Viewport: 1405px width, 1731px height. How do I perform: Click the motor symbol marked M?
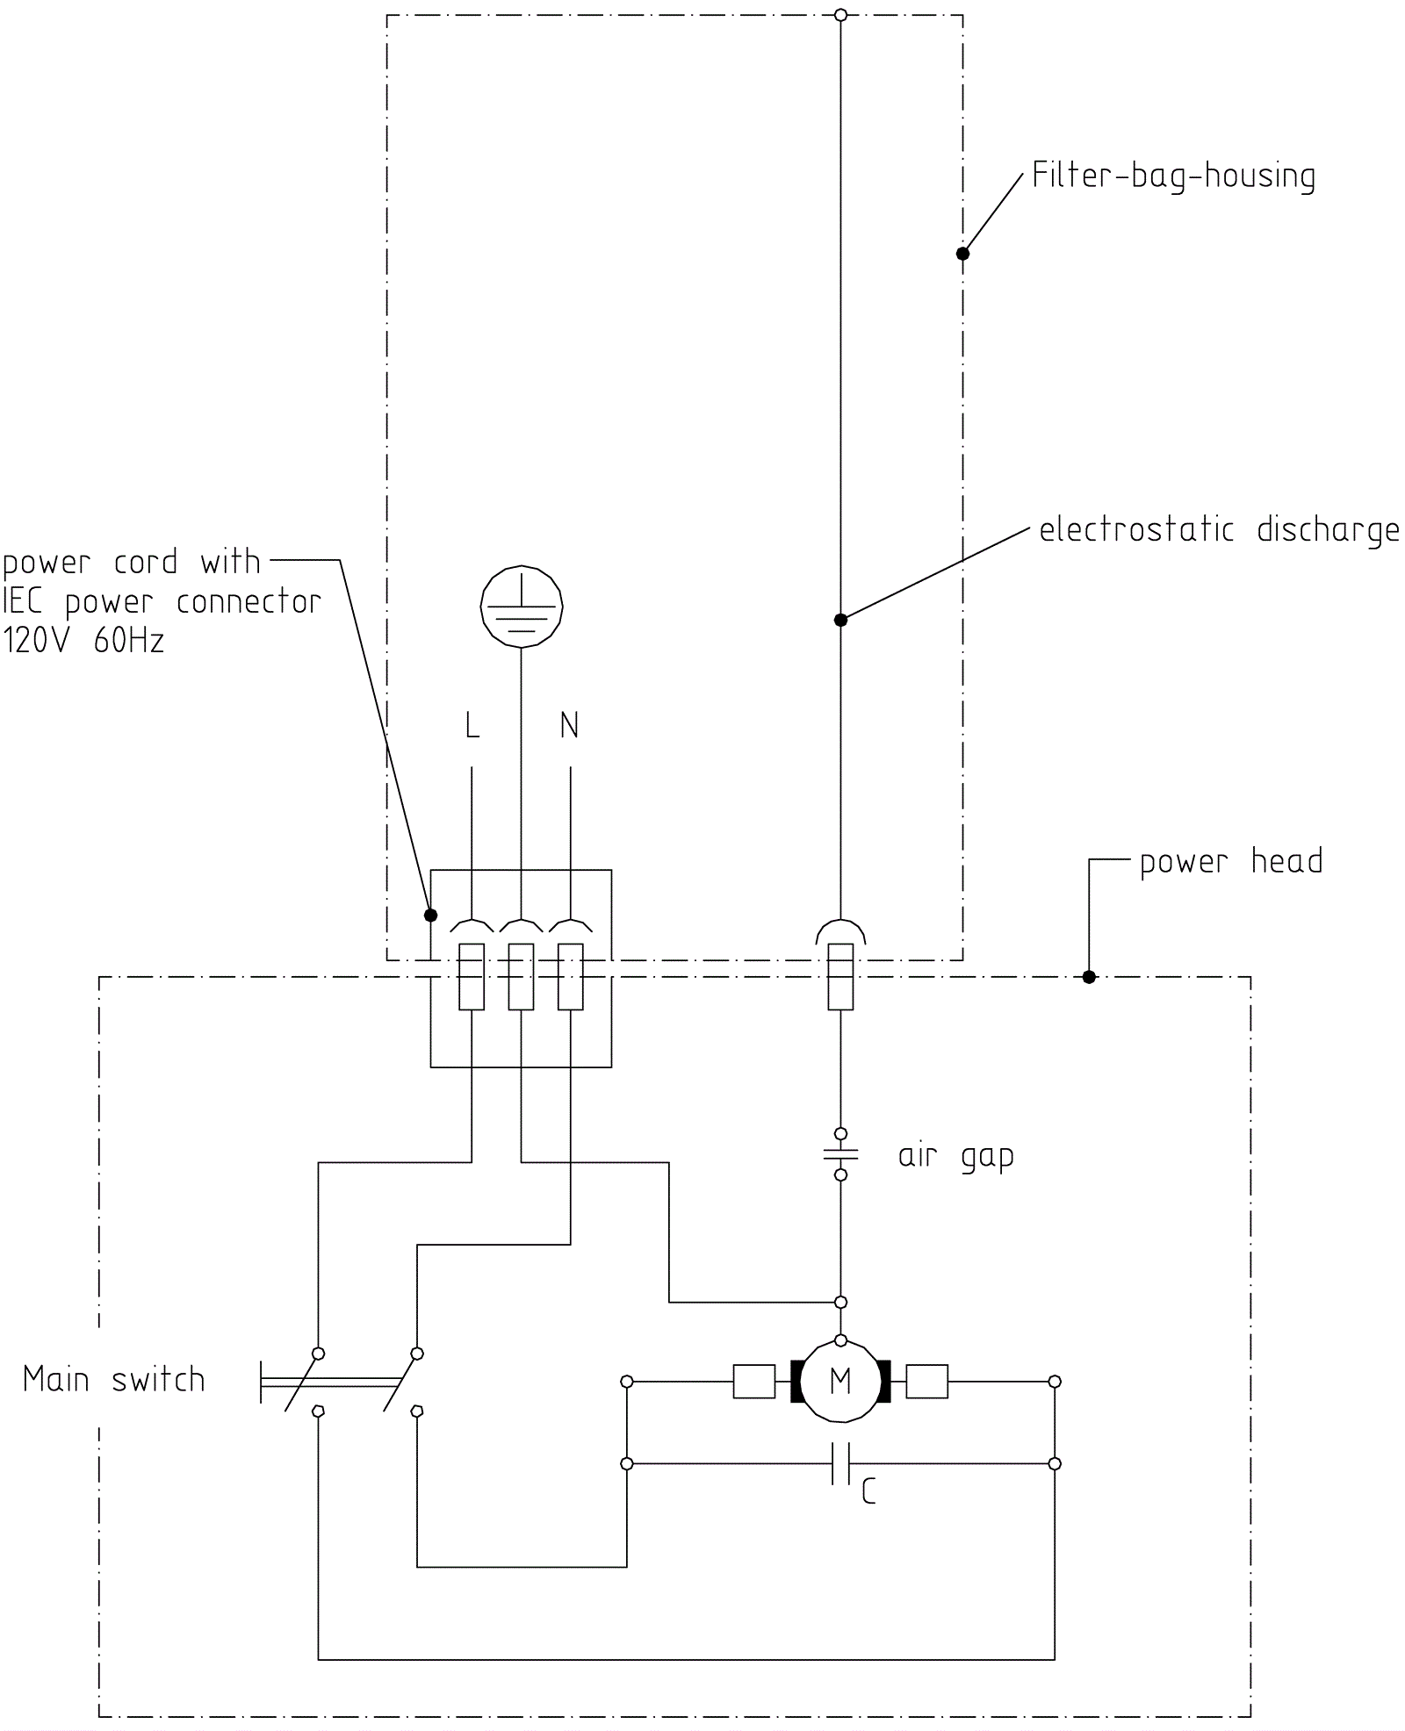tap(840, 1382)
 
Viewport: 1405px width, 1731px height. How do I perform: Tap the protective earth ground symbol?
tap(522, 607)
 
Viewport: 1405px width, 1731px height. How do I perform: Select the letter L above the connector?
tap(472, 726)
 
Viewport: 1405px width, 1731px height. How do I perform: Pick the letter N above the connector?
tap(570, 726)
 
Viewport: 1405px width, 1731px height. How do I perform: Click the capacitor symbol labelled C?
tap(840, 1463)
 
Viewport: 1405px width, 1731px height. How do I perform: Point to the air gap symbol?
tap(840, 1154)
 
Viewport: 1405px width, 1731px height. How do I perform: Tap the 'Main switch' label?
tap(114, 1380)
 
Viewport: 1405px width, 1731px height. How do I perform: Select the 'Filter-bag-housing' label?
tap(1173, 176)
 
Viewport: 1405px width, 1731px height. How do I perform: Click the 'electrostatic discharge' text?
tap(1219, 530)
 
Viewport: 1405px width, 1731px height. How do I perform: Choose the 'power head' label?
tap(1231, 862)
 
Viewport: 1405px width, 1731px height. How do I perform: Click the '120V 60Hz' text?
tap(84, 642)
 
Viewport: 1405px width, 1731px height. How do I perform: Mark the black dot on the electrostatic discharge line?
tap(840, 620)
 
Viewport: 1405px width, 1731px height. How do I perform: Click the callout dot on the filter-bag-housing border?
tap(962, 254)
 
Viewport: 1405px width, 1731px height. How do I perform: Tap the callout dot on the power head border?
tap(1089, 977)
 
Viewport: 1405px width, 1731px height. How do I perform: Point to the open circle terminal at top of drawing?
tap(840, 15)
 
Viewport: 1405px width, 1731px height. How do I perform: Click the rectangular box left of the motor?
tap(753, 1382)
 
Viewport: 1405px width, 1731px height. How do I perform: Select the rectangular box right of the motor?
tap(926, 1382)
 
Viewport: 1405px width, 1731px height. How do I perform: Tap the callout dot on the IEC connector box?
tap(430, 916)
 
